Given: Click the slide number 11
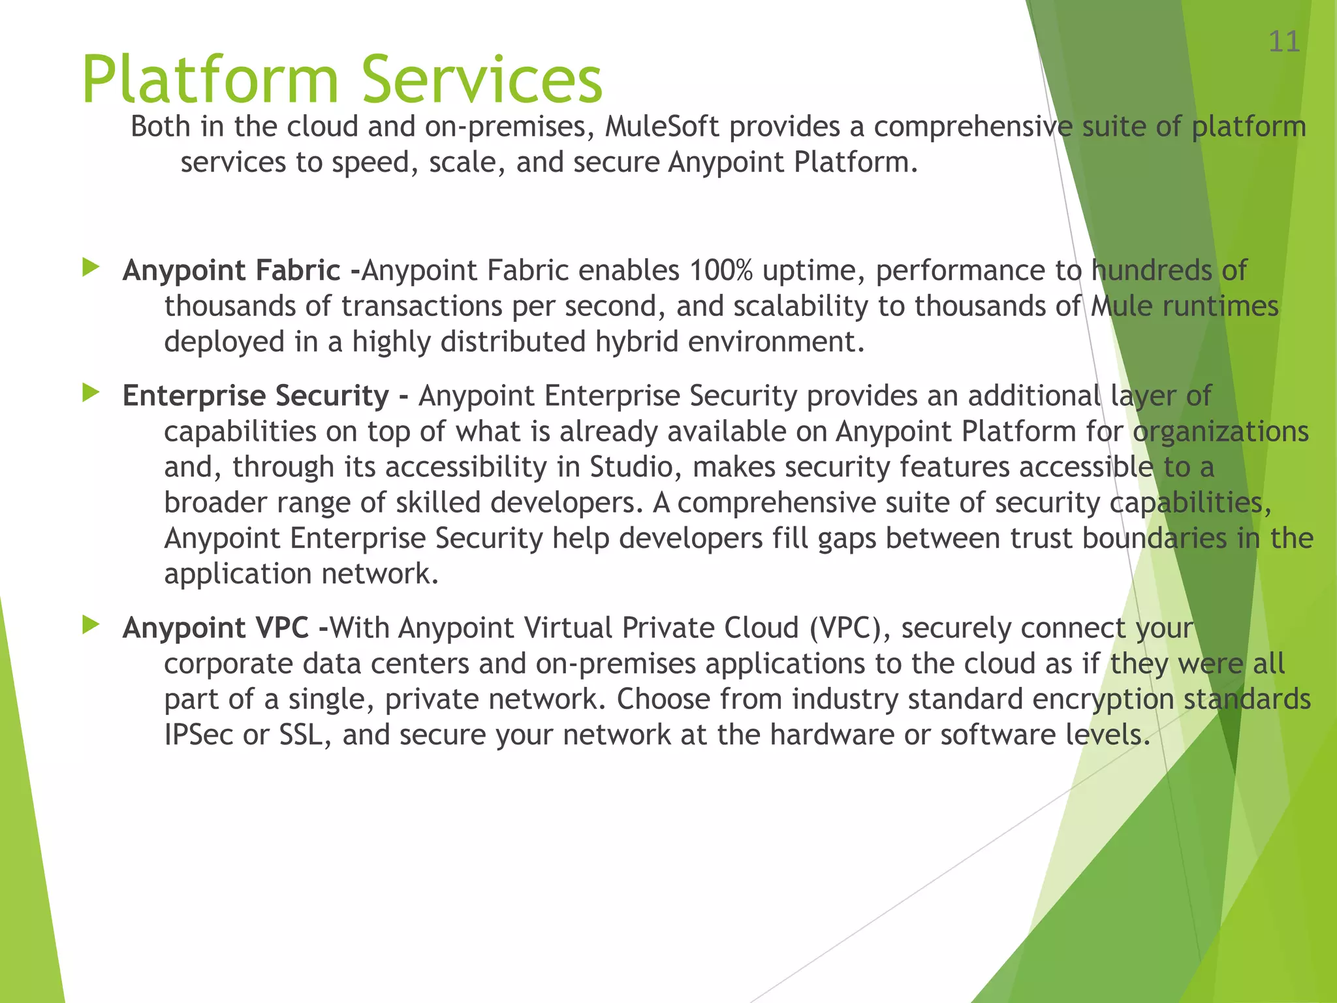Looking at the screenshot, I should pos(1283,42).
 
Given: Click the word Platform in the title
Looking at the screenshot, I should pos(210,80).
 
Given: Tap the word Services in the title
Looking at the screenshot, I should pos(482,80).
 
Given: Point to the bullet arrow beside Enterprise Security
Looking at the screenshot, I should pos(91,392).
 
